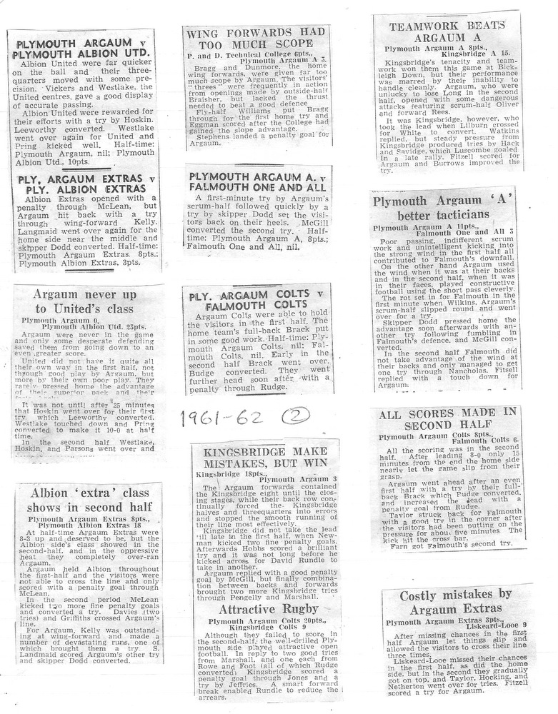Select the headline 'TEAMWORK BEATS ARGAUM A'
pyautogui.click(x=447, y=31)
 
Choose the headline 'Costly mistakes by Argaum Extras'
pyautogui.click(x=456, y=601)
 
